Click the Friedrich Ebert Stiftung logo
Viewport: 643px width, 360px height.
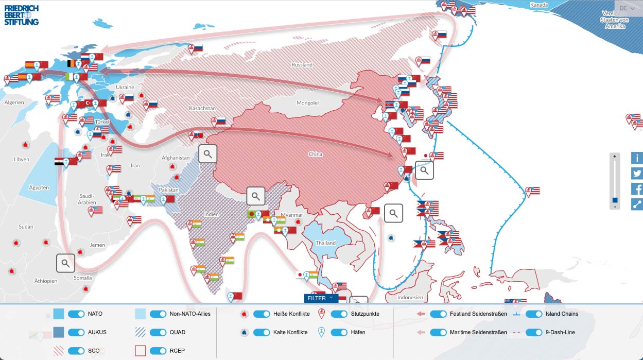(x=22, y=15)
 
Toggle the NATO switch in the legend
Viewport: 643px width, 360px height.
(x=76, y=314)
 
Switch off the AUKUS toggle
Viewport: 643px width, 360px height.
(x=76, y=332)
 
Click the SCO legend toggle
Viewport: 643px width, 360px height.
(x=76, y=351)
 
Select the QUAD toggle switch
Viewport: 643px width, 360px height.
(x=158, y=332)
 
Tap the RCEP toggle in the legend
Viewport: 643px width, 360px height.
(x=158, y=351)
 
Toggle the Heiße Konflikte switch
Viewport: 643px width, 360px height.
(x=262, y=314)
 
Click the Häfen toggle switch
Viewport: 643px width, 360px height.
(x=339, y=332)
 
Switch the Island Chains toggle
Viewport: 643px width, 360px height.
(x=534, y=314)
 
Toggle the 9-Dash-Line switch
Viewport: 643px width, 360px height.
(x=534, y=332)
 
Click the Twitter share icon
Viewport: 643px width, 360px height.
(x=637, y=174)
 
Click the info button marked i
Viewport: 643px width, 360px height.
(x=637, y=158)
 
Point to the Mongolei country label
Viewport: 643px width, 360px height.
(x=307, y=103)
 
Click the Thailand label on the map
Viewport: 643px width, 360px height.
(x=325, y=243)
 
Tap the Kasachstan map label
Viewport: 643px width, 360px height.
(x=202, y=109)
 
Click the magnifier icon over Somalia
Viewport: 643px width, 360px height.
(x=65, y=263)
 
